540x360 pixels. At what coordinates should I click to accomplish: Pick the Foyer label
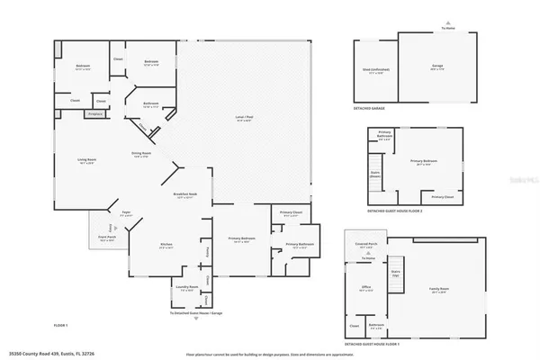(x=127, y=214)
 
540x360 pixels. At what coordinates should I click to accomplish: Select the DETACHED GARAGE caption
(x=370, y=106)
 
